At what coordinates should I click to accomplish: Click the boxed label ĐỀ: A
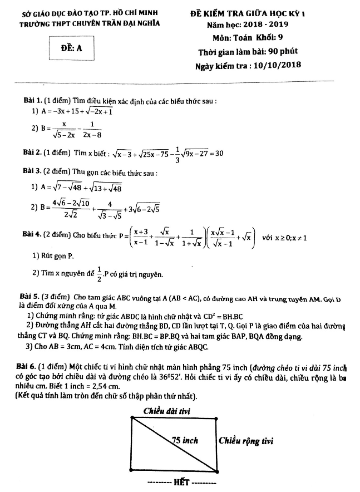coord(71,48)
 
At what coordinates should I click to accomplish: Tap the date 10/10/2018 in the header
coord(269,65)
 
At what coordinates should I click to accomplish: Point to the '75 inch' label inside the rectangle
coord(185,440)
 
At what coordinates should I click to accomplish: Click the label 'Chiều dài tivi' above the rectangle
coord(167,411)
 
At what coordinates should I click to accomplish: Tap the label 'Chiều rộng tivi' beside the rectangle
coord(245,441)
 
